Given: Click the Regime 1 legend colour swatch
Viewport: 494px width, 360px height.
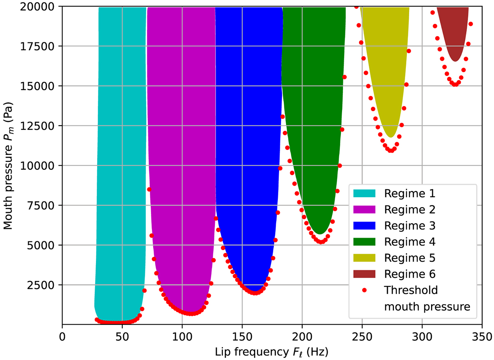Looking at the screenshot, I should tap(364, 193).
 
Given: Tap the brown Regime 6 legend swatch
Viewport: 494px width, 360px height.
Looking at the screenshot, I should tap(364, 274).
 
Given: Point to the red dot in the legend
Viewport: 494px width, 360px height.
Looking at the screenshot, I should tap(364, 290).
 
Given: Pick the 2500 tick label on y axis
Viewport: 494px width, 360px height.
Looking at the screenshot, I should tap(44, 285).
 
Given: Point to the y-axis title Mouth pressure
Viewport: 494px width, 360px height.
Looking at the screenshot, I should tap(9, 166).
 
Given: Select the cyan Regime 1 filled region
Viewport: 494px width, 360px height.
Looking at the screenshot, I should tap(119, 165).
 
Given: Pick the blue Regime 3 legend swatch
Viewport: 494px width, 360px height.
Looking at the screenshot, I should tap(364, 225).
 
